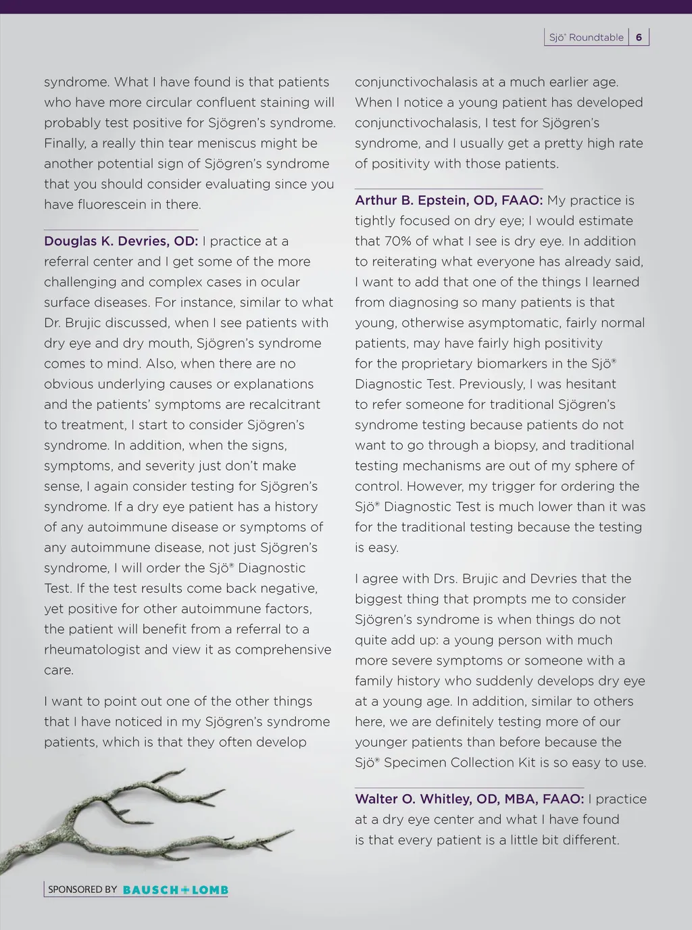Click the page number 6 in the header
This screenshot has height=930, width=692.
point(639,37)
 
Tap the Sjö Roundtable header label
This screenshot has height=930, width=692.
point(586,38)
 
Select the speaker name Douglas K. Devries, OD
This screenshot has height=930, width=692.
point(121,241)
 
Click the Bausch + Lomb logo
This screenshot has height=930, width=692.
point(176,890)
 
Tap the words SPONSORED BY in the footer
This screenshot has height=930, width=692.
point(82,889)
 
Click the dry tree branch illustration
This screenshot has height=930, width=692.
point(135,818)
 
